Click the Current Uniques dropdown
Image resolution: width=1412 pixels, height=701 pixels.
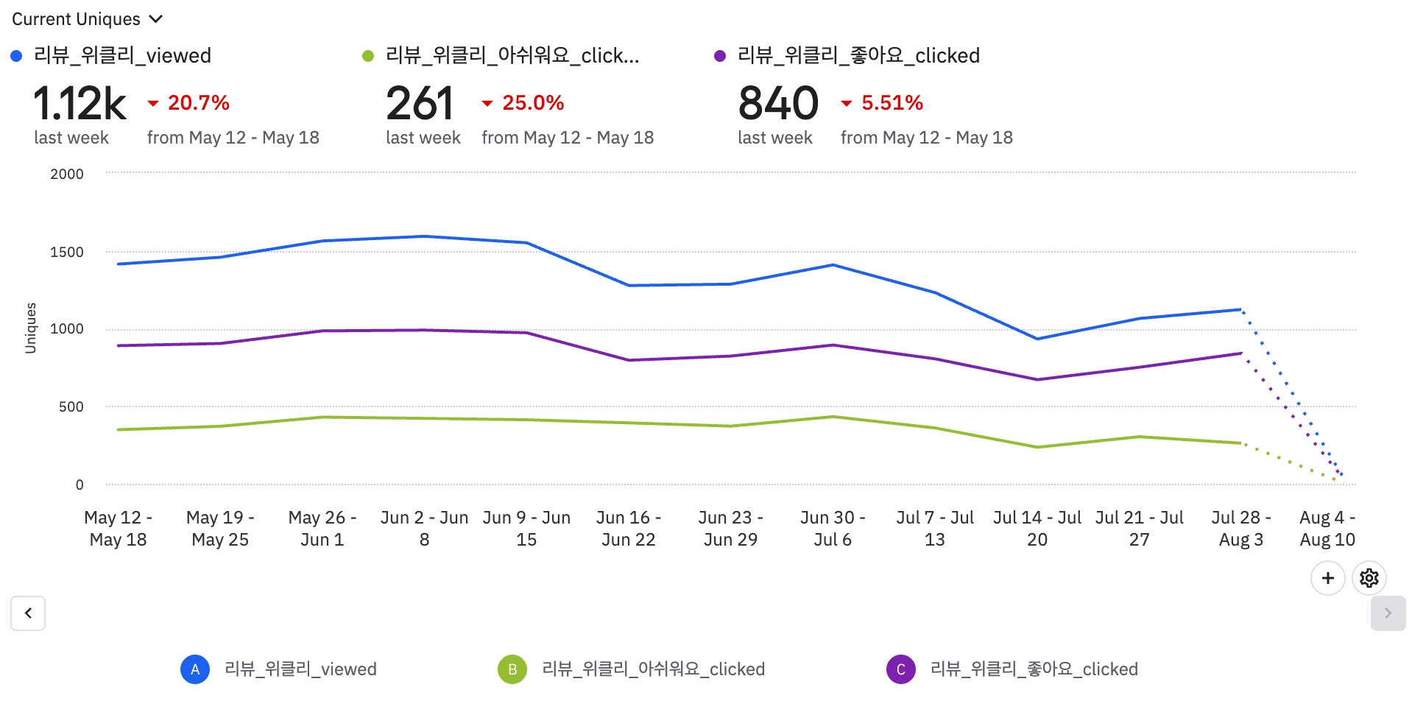[87, 19]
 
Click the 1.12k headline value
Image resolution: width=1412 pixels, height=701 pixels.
[80, 104]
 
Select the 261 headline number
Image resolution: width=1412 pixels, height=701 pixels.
[420, 104]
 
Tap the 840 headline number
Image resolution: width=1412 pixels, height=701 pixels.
[778, 104]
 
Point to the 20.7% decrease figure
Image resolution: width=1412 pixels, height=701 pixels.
[198, 103]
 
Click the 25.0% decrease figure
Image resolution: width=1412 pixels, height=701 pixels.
[532, 103]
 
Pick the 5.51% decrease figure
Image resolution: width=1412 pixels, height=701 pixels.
[892, 103]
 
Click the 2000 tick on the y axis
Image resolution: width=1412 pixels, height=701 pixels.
[67, 175]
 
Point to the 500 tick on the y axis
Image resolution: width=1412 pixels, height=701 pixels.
[71, 407]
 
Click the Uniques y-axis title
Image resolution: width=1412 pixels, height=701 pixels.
[31, 328]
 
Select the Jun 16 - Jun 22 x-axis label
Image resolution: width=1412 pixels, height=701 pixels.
[628, 529]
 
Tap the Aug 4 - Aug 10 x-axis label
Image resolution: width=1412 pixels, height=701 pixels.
[1327, 529]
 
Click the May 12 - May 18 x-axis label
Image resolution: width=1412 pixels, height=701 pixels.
[118, 529]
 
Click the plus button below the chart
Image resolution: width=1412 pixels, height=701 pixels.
[1328, 579]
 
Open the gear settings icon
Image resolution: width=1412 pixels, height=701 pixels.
[1369, 579]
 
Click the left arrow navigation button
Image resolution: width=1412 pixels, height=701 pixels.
[28, 613]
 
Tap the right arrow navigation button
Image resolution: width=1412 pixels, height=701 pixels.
[1388, 613]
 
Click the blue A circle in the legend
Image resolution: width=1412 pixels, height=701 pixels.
[195, 669]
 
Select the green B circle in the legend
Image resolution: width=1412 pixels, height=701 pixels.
[512, 669]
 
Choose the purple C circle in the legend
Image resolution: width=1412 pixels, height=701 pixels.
[901, 669]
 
